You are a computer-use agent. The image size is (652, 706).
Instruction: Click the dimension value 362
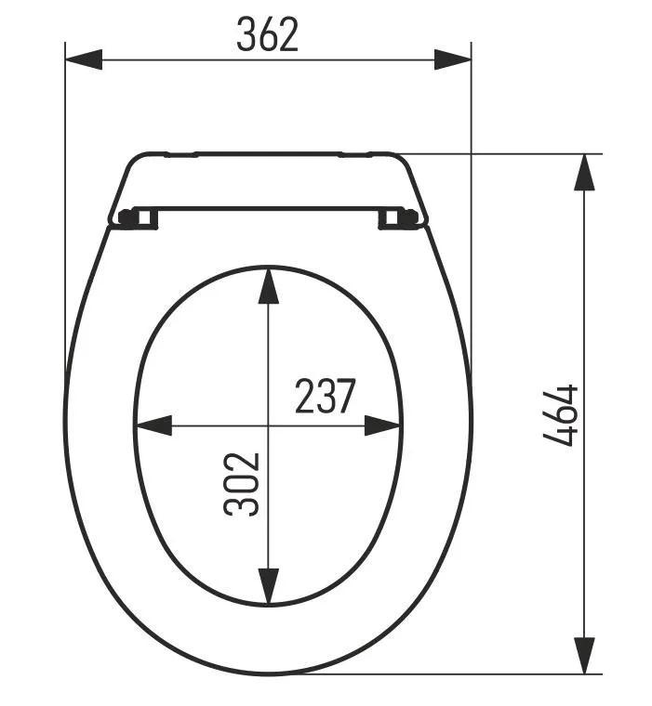pos(267,34)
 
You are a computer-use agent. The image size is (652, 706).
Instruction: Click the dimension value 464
pos(560,415)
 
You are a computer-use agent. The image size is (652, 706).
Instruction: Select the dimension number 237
pos(325,397)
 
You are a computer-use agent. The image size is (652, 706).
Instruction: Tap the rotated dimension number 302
pos(240,483)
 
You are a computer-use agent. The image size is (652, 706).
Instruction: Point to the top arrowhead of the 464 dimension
pos(584,172)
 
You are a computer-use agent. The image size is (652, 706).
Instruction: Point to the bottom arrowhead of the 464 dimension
pos(584,655)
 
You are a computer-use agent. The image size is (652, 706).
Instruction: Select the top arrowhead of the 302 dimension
pos(268,285)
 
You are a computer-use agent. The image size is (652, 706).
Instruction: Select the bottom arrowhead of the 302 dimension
pos(268,586)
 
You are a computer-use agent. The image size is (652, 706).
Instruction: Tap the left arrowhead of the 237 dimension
pos(154,425)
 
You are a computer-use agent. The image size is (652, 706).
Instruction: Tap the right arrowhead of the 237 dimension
pos(383,425)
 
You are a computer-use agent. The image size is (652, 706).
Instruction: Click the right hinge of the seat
pos(400,217)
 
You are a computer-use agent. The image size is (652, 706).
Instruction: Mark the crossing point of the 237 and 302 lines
pos(268,425)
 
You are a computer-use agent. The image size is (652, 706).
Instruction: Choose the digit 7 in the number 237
pos(345,397)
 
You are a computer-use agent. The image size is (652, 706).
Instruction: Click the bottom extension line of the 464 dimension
pos(465,673)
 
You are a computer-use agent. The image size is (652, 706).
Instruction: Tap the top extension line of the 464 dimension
pos(502,153)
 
